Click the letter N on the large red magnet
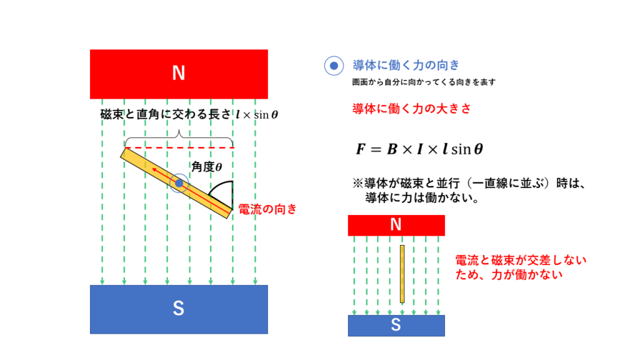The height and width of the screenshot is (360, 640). [x=178, y=73]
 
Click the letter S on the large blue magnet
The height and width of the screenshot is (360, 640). [x=178, y=309]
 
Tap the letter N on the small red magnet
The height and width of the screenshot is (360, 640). [x=396, y=224]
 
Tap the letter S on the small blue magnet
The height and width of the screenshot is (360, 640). [x=396, y=325]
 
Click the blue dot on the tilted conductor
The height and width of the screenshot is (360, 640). [x=179, y=183]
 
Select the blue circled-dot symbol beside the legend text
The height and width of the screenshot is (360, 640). [x=334, y=66]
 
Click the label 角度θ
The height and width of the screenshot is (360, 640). [x=207, y=166]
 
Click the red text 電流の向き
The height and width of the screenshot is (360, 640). [x=267, y=209]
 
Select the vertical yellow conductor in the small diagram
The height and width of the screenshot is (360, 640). [x=402, y=274]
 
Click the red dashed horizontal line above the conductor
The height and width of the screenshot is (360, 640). [x=179, y=147]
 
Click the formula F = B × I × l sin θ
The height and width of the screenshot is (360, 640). [x=419, y=149]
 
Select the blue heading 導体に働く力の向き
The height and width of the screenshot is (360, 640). [x=406, y=65]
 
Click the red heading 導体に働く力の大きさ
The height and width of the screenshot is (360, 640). [x=411, y=109]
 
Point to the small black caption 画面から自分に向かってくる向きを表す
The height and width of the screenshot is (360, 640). [x=424, y=82]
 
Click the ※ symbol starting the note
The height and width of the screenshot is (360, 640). [x=358, y=183]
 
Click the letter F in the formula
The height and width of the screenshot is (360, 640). [x=361, y=149]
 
